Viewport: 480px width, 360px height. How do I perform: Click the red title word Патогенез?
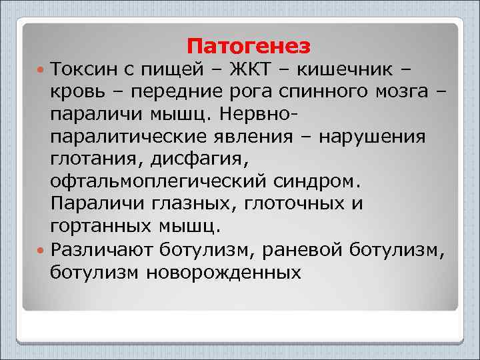point(249,46)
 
